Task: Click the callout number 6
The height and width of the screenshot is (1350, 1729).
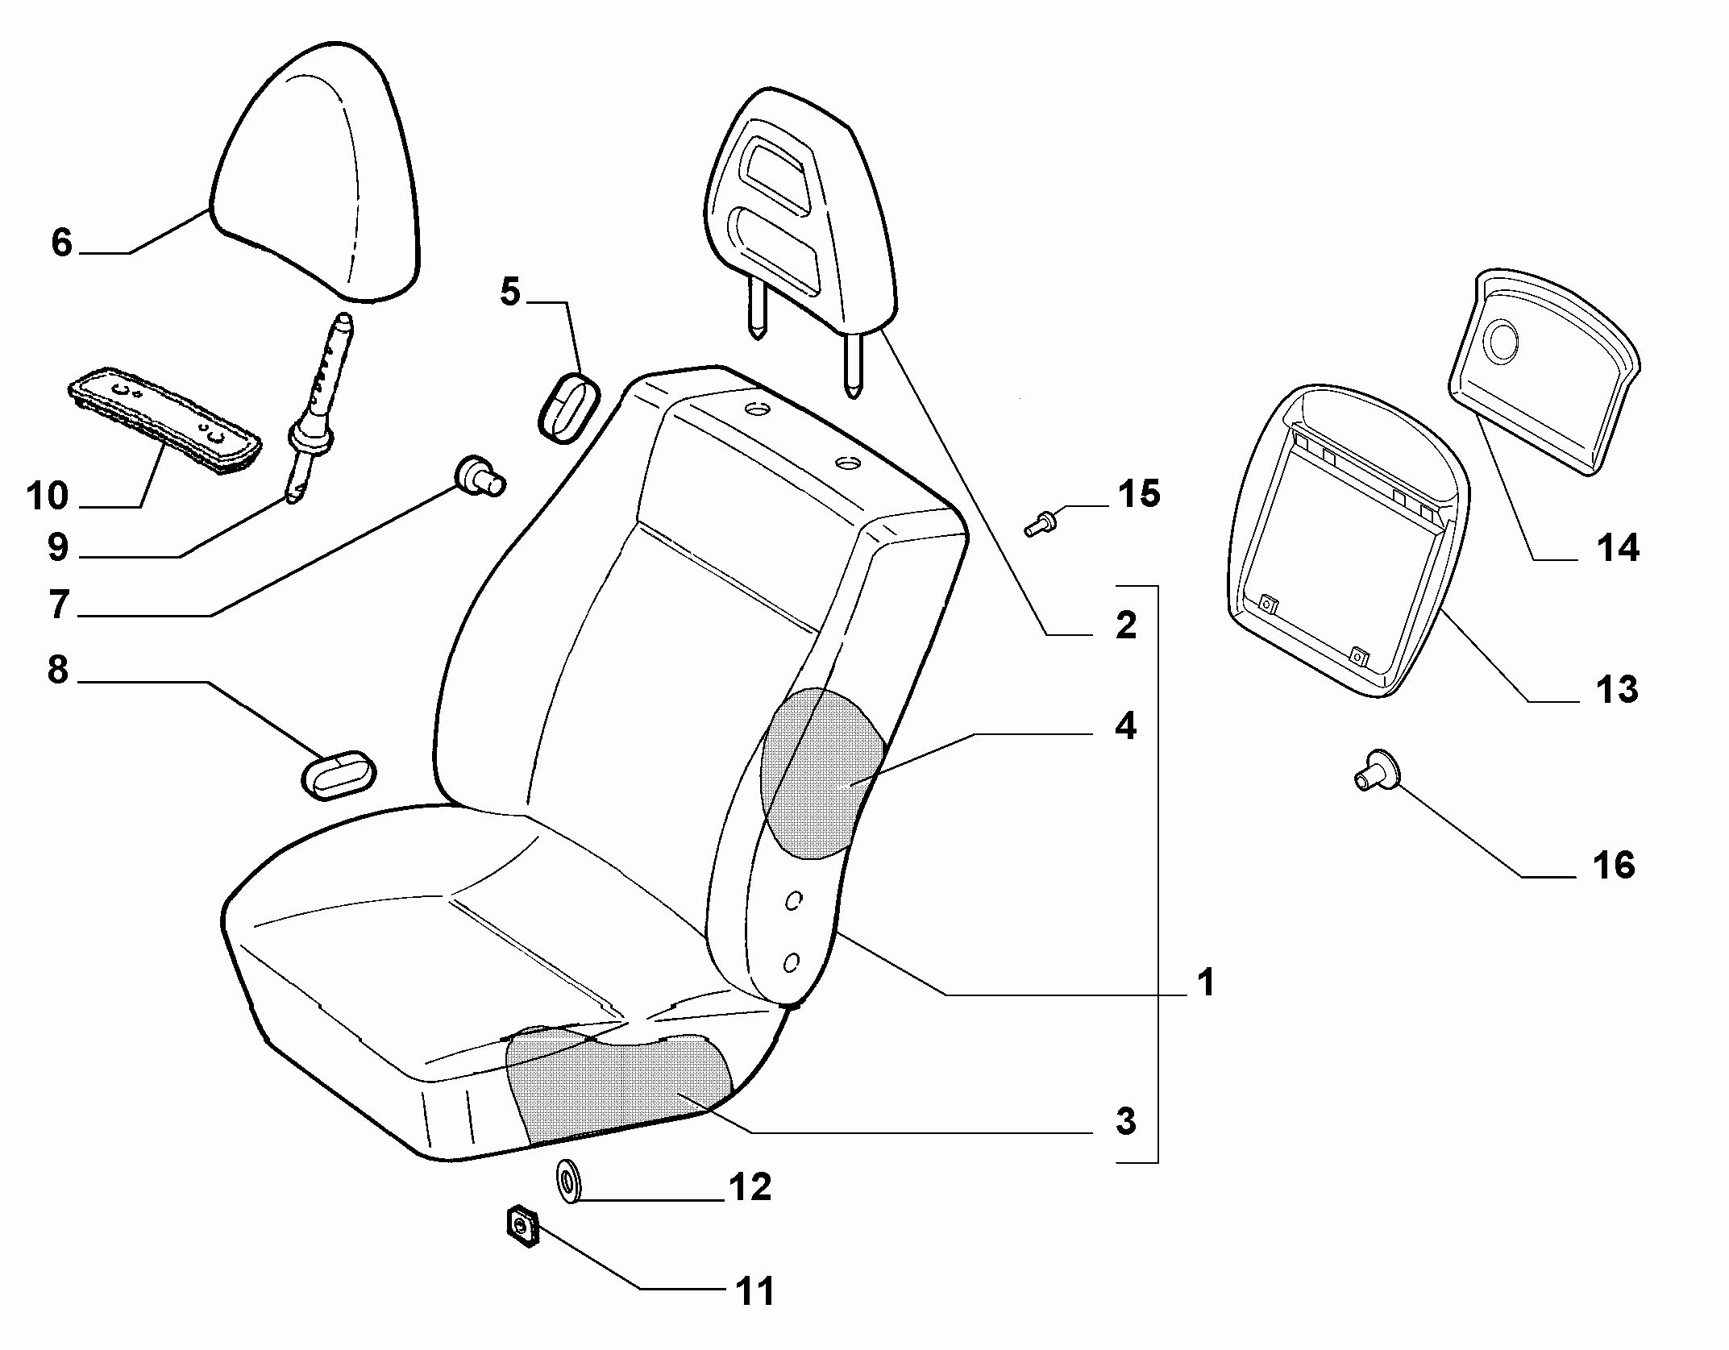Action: coord(62,243)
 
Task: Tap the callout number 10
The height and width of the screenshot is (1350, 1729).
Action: coord(48,496)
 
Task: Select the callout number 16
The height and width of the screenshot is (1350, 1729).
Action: coord(1614,866)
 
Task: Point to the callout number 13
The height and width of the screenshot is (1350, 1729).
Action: coord(1616,689)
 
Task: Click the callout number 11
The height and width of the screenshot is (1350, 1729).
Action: coord(754,1291)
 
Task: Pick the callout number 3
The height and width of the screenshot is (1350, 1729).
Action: coord(1126,1121)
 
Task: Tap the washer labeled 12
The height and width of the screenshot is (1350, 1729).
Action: coord(571,1181)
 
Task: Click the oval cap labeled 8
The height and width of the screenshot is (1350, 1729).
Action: coord(339,775)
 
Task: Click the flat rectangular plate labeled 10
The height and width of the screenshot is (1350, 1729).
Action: coord(164,419)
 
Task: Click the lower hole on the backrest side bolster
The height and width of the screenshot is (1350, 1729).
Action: coord(792,961)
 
